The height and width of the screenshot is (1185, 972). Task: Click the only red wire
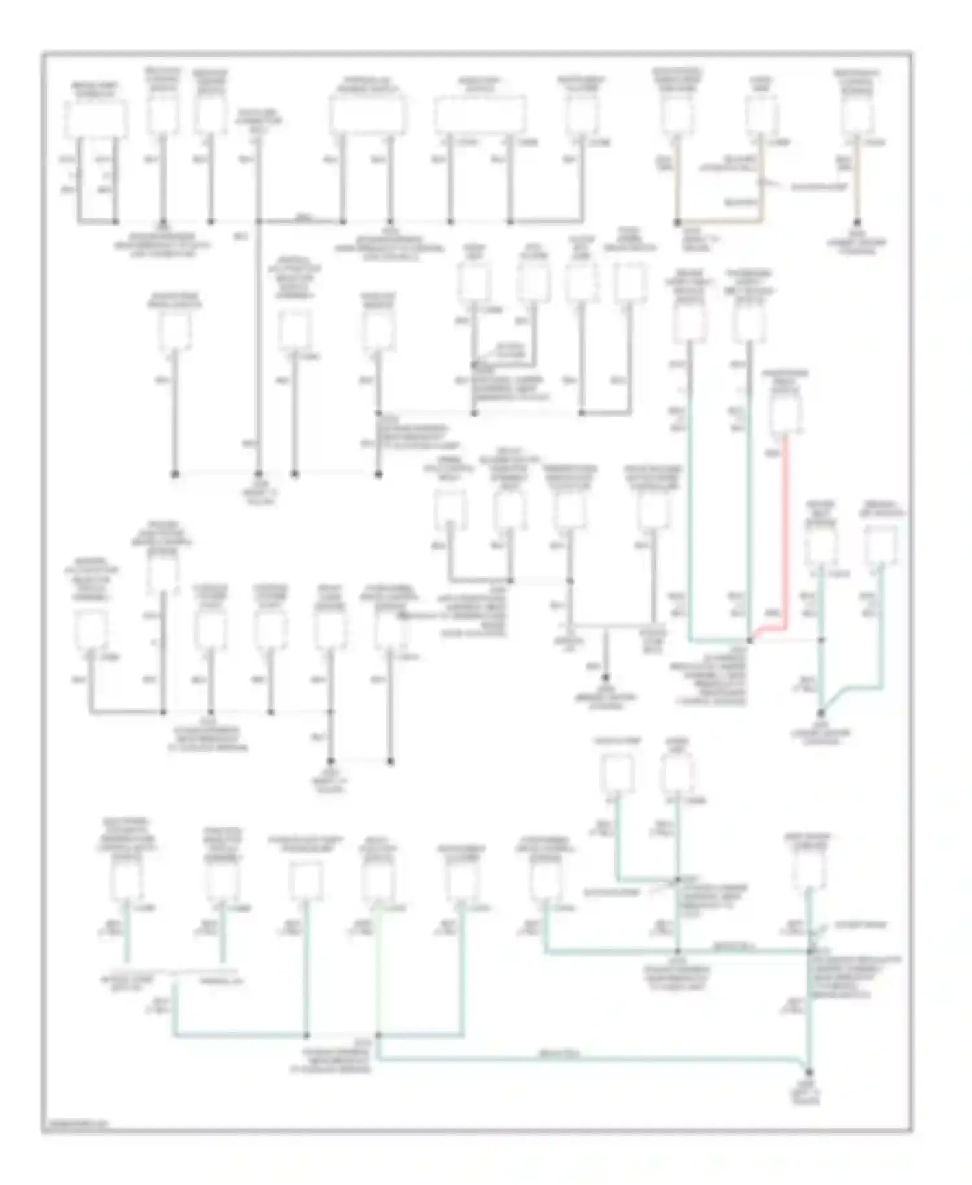pyautogui.click(x=786, y=532)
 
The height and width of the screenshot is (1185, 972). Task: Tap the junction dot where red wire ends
pyautogui.click(x=750, y=640)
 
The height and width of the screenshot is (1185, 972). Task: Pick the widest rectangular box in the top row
pyautogui.click(x=480, y=115)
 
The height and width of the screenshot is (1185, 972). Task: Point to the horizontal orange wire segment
pyautogui.click(x=719, y=222)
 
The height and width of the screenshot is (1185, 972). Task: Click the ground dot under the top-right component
pyautogui.click(x=857, y=222)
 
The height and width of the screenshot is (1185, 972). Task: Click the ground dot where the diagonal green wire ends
pyautogui.click(x=821, y=712)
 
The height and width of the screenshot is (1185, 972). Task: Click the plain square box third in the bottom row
pyautogui.click(x=305, y=880)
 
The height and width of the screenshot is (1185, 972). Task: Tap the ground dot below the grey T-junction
pyautogui.click(x=606, y=676)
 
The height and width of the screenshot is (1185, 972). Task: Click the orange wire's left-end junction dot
pyautogui.click(x=677, y=222)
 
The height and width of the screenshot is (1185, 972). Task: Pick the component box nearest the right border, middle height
pyautogui.click(x=881, y=545)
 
